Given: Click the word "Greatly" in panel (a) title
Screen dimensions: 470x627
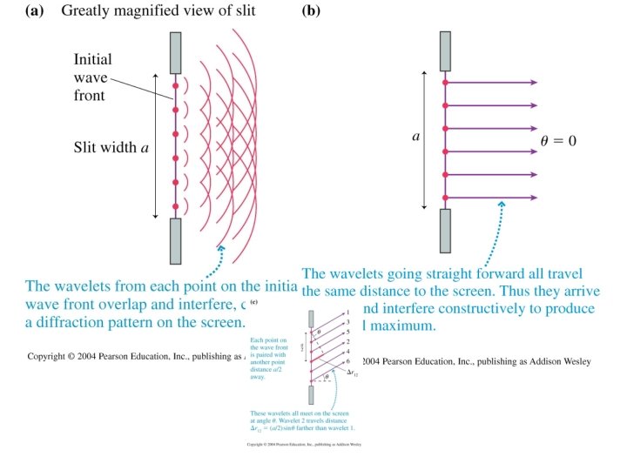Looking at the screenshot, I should point(86,12).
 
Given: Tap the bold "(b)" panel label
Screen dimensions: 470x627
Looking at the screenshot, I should point(311,12).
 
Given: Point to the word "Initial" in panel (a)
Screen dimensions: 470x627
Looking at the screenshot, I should point(93,60).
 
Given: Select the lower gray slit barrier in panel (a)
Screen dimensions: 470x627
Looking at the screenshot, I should point(175,240).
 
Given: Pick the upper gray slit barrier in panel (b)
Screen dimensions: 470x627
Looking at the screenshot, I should point(445,51).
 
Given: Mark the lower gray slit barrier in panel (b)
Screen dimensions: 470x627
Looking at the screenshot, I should point(445,230).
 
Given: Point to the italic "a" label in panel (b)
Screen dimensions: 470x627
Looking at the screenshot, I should point(415,137).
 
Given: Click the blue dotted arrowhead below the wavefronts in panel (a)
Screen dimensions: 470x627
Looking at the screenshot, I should point(221,249).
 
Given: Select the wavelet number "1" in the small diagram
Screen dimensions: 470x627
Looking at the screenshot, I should point(347,312).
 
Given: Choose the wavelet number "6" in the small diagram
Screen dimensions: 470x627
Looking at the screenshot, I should point(347,360).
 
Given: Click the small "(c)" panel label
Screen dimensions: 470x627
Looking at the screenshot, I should point(254,303).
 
